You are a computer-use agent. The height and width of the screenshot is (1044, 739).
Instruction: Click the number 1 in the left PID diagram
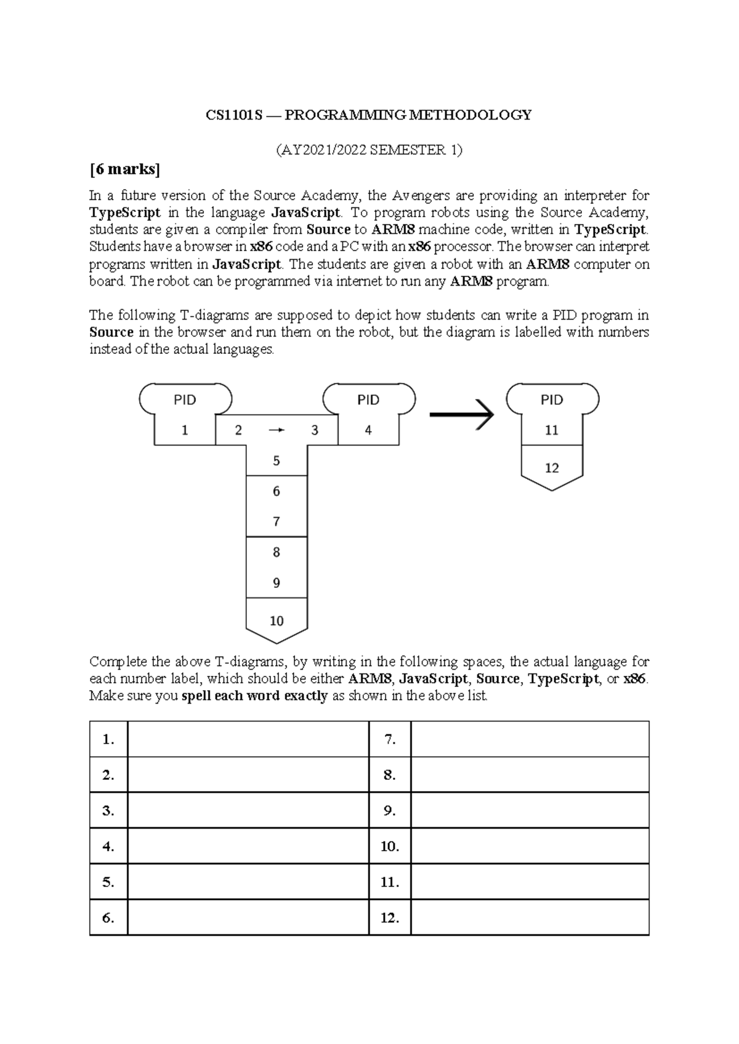pyautogui.click(x=185, y=430)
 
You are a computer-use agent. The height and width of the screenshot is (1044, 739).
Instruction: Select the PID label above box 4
pyautogui.click(x=368, y=400)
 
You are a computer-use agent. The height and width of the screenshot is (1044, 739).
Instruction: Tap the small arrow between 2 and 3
pyautogui.click(x=277, y=430)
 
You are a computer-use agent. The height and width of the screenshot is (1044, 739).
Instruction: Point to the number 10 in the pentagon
pyautogui.click(x=277, y=621)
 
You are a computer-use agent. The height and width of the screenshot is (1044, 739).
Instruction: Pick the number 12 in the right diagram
pyautogui.click(x=552, y=468)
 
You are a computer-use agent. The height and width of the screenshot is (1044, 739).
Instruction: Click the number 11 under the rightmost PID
pyautogui.click(x=552, y=430)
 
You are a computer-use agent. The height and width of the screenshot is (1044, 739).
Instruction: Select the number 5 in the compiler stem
pyautogui.click(x=277, y=460)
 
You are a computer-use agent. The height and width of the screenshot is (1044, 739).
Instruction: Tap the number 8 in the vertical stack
pyautogui.click(x=277, y=552)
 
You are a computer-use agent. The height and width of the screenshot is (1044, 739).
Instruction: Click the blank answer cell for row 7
pyautogui.click(x=530, y=739)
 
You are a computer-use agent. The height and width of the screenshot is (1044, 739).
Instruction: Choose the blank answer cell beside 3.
pyautogui.click(x=248, y=811)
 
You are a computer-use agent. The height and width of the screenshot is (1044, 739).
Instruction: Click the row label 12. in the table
pyautogui.click(x=390, y=918)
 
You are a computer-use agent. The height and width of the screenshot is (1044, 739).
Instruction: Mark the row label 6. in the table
pyautogui.click(x=108, y=918)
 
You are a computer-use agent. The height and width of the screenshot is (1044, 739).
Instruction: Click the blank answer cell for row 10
pyautogui.click(x=530, y=846)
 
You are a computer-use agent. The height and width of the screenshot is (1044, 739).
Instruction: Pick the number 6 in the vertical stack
pyautogui.click(x=277, y=491)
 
